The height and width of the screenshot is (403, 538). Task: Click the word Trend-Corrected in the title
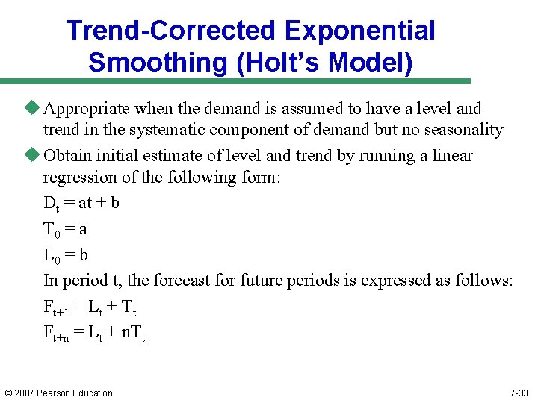tap(171, 31)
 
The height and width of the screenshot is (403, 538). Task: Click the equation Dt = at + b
tap(81, 203)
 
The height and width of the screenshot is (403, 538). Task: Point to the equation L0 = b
tap(66, 255)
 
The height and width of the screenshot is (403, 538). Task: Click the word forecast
tap(205, 281)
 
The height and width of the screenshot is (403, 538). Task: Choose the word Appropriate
tap(89, 109)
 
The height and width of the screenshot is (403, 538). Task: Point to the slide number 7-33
tap(519, 393)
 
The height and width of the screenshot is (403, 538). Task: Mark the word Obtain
tap(65, 156)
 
